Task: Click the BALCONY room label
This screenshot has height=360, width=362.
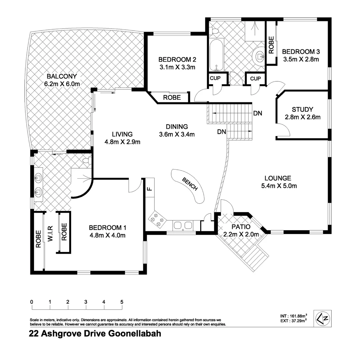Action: [x=62, y=76]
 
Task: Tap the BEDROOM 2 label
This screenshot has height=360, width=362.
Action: [x=177, y=60]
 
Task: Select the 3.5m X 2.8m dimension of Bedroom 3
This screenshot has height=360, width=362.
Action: [x=301, y=60]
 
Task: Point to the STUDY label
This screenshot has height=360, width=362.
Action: [x=302, y=109]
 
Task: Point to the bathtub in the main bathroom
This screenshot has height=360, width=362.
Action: [x=217, y=55]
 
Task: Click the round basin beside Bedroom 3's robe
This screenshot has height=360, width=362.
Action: [x=259, y=56]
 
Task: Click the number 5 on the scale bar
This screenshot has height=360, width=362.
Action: [x=122, y=302]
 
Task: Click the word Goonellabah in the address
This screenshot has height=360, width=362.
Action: [x=135, y=334]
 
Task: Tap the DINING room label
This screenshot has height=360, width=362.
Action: [x=177, y=127]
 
